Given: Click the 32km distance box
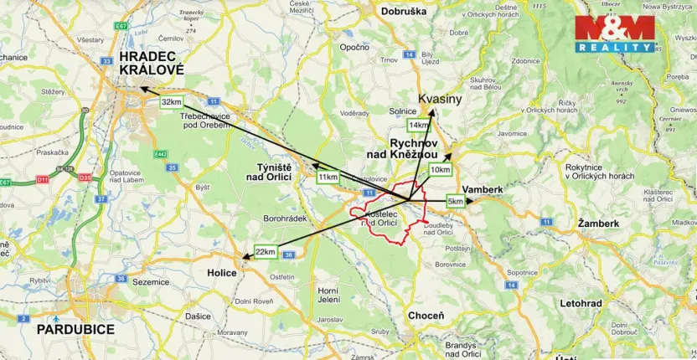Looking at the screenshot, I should tap(170, 102).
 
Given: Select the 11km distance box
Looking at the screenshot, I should tap(328, 177).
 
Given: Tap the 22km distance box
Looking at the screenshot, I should tap(266, 252).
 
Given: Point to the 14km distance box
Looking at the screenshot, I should tap(418, 125).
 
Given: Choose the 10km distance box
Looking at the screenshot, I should tap(440, 170).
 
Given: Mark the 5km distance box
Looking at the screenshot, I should tap(455, 202).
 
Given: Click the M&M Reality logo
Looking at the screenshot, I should tap(614, 33).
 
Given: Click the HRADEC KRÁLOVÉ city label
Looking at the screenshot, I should tap(151, 64).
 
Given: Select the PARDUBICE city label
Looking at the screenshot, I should tap(75, 329).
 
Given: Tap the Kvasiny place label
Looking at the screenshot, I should tap(440, 99).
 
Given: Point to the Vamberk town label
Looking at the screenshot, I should tap(483, 190).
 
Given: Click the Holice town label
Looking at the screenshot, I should tap(222, 272).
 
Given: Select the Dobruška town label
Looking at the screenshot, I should tap(404, 12).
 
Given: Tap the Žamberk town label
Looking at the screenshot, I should tap(598, 224).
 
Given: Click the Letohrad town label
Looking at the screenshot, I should tap(581, 301).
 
